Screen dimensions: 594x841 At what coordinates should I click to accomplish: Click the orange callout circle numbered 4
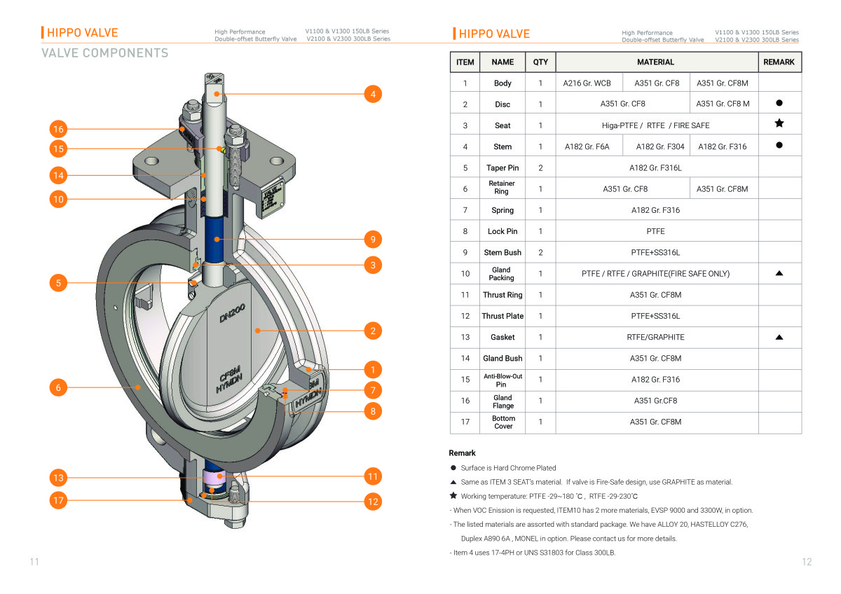pos(373,93)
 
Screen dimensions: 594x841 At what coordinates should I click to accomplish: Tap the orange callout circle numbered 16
pos(58,129)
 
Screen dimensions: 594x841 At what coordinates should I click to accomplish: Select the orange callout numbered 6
pos(58,387)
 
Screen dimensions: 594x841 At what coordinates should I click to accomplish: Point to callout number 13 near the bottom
pos(58,478)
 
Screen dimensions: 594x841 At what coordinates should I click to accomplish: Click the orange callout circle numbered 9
pos(373,240)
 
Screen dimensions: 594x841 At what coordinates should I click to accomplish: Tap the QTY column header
pos(540,62)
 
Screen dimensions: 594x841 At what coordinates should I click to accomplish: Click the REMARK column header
pos(779,62)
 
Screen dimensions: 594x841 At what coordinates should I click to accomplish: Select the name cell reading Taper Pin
pos(502,168)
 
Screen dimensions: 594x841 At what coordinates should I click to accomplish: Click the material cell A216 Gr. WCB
pos(587,83)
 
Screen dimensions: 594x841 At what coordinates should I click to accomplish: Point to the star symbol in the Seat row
pos(779,124)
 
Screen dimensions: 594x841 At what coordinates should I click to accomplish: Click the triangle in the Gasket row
pos(779,337)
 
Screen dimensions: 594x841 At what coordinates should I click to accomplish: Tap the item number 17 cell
pos(465,422)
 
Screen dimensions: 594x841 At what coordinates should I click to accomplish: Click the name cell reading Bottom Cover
pos(502,422)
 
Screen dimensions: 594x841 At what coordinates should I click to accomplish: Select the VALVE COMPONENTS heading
pos(105,53)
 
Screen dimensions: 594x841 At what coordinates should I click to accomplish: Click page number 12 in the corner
pos(807,562)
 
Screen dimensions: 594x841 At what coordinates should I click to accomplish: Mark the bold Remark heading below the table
pos(463,453)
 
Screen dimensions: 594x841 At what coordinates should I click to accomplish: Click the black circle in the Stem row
pos(779,146)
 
